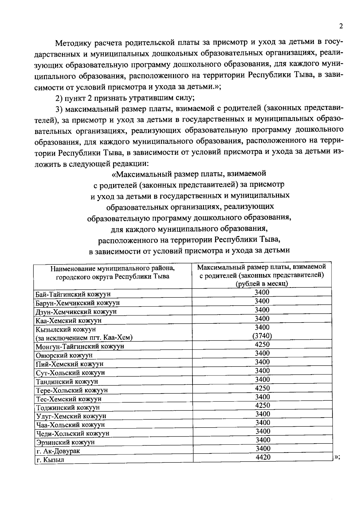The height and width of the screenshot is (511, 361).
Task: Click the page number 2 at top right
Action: tap(341, 26)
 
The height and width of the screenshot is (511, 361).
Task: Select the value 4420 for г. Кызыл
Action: tap(263, 457)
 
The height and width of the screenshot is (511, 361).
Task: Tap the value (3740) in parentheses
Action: tap(262, 336)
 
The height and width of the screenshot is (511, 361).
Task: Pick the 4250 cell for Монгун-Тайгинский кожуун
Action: tap(262, 344)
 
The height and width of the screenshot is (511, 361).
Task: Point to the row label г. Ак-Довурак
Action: tap(58, 451)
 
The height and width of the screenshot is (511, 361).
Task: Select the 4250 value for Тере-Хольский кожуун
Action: tap(262, 388)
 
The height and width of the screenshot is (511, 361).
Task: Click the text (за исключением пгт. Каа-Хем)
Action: tap(84, 338)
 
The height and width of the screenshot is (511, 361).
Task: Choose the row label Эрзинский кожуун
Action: tap(65, 442)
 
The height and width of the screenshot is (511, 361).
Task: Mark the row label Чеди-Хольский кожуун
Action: tap(73, 434)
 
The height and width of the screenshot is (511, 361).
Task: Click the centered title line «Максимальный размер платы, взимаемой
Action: tap(189, 174)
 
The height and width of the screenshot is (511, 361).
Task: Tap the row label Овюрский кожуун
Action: tap(64, 355)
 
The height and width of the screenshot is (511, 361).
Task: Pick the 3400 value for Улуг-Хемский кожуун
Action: tap(262, 414)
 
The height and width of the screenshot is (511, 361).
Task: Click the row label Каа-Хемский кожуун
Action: tap(69, 320)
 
